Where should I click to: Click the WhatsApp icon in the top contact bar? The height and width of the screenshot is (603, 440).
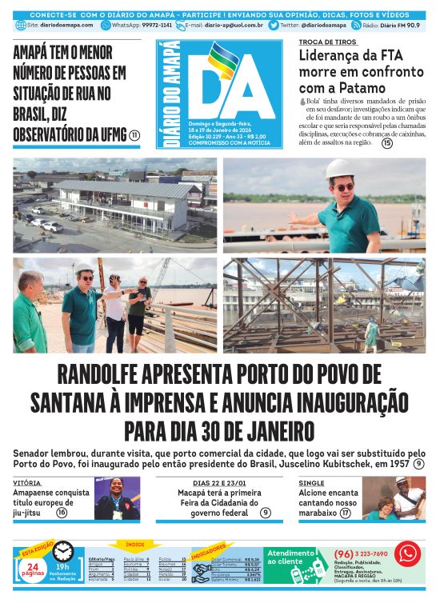tap(106, 25)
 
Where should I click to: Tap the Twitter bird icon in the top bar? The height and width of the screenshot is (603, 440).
tap(274, 25)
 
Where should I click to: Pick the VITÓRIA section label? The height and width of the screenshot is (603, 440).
tap(27, 483)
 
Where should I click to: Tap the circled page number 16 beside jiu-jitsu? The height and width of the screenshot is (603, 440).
tap(62, 513)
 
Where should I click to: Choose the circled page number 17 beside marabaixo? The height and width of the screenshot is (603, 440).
tap(345, 513)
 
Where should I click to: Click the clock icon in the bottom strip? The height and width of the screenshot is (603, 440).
tap(63, 552)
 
